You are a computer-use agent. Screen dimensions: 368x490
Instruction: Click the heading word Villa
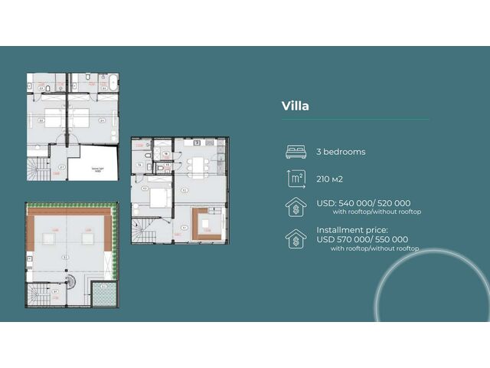coord(296,106)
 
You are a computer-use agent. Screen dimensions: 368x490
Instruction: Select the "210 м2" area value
coord(332,179)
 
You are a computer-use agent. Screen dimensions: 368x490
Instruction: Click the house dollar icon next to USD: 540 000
coord(295,207)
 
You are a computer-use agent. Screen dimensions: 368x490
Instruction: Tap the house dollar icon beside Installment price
coord(295,238)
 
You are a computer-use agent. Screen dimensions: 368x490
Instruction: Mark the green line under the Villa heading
coord(355,119)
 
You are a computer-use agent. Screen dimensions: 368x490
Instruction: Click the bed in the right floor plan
coord(160,197)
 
